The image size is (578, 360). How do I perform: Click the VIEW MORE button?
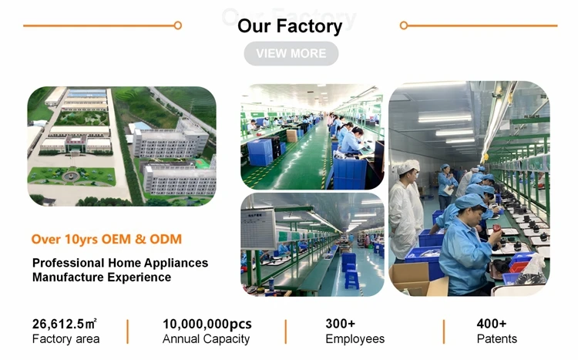291,53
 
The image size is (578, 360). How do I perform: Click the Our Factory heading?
290,25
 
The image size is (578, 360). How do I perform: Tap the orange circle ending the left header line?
178,25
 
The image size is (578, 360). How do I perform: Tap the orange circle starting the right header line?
404,25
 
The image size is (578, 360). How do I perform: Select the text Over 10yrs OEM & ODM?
106,239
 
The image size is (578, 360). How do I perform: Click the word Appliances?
176,264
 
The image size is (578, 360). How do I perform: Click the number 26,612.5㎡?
65,324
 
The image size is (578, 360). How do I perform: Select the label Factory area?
66,338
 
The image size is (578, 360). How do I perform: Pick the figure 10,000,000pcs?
207,324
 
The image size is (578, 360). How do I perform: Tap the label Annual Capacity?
206,338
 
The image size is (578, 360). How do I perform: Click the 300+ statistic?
340,324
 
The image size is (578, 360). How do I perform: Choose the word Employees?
355,339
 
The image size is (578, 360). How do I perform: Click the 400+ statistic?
492,324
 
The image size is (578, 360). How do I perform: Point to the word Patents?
497,338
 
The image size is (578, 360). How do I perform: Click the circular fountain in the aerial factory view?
71,175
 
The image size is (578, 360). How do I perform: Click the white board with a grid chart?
257,228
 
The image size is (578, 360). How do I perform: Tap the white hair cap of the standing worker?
408,167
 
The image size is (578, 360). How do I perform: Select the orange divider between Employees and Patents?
444,331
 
